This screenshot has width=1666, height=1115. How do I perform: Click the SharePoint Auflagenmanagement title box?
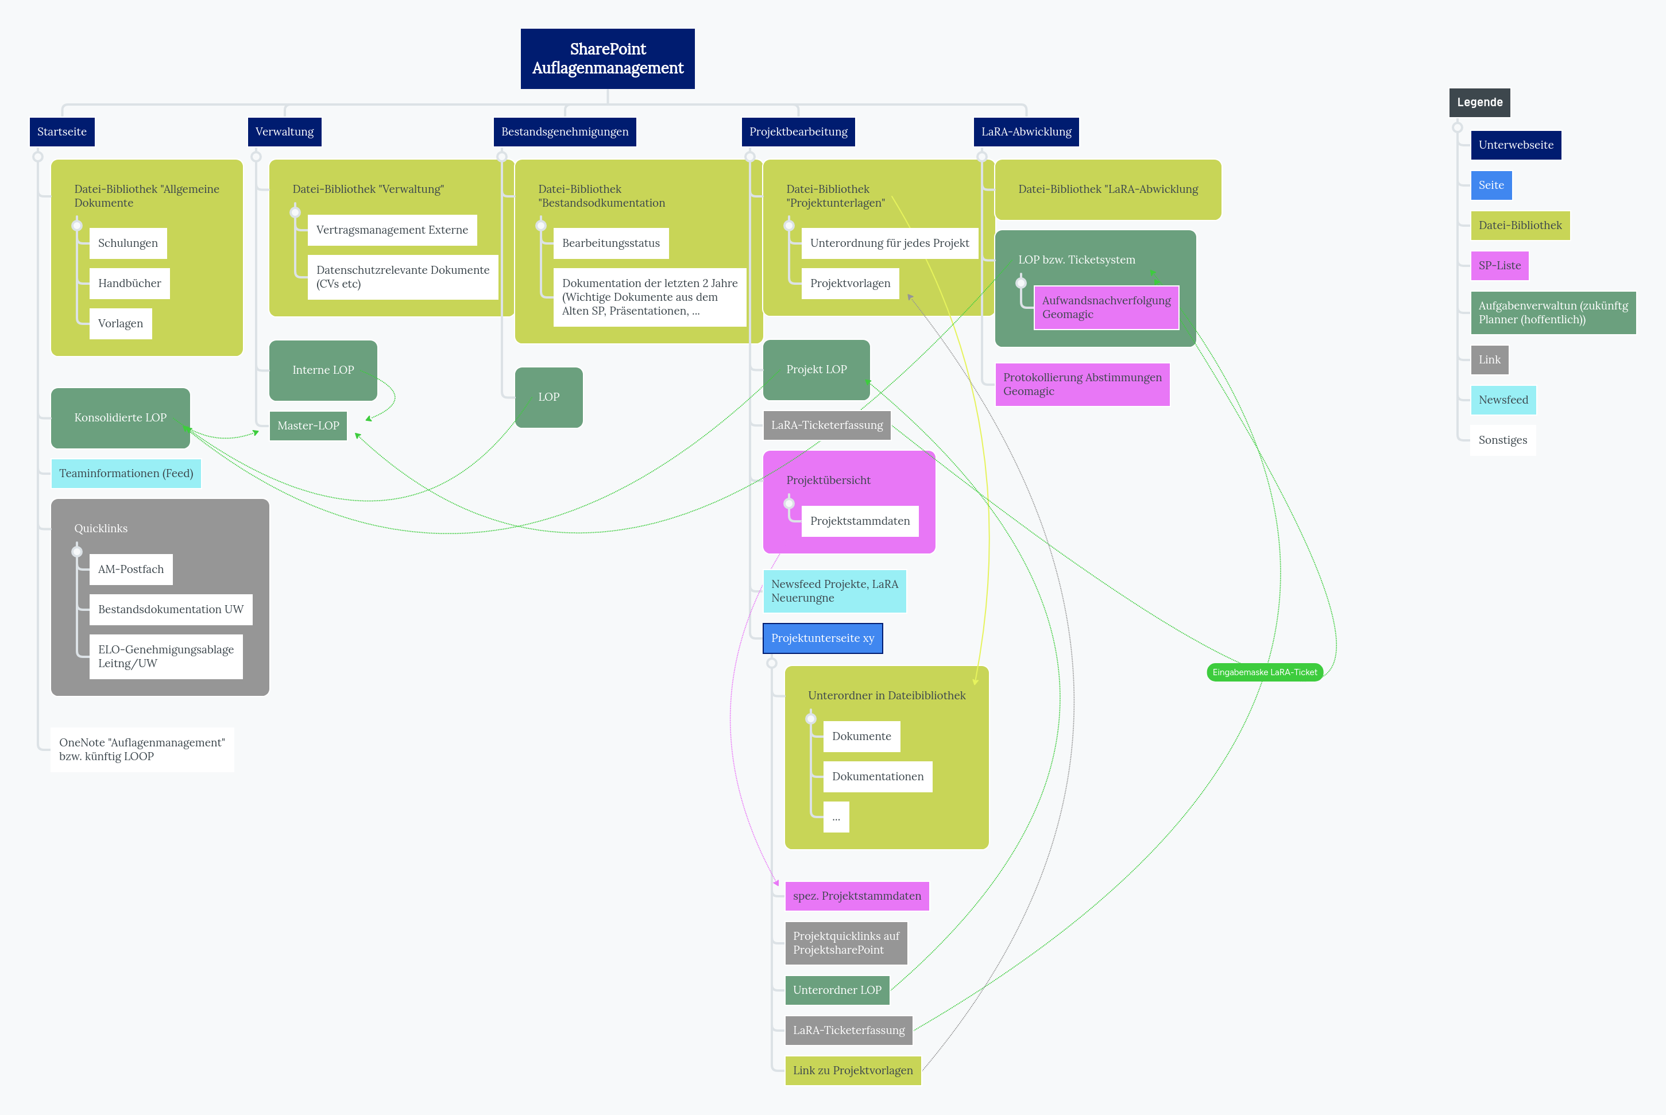(x=607, y=59)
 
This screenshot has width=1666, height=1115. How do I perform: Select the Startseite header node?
(x=62, y=131)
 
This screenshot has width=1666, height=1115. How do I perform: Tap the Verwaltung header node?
(x=284, y=131)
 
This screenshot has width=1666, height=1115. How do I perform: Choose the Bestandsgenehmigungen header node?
(x=565, y=131)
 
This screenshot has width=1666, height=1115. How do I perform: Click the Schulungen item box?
(x=128, y=243)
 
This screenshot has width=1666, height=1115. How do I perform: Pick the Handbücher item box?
(x=129, y=283)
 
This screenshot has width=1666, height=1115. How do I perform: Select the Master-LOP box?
(x=308, y=425)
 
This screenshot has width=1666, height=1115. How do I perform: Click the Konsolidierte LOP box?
(x=120, y=417)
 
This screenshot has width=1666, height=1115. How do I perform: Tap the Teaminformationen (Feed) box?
(x=126, y=474)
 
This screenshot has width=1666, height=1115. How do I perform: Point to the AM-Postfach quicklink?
(x=131, y=569)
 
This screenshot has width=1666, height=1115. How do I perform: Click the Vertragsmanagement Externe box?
(x=392, y=230)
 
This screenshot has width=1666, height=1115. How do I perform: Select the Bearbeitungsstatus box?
(x=611, y=243)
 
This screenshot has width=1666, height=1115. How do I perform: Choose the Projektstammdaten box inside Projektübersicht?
(x=860, y=521)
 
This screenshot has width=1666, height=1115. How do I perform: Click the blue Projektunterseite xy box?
(x=823, y=638)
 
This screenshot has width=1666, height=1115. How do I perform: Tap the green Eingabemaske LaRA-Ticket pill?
(x=1264, y=672)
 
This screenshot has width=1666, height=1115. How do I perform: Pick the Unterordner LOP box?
(x=837, y=990)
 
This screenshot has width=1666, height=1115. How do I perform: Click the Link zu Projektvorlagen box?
(x=853, y=1070)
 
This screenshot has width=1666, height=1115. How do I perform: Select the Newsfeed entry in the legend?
(x=1503, y=400)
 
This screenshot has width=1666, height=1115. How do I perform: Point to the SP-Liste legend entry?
(x=1499, y=265)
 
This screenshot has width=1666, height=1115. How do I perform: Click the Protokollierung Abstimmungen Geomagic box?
(x=1081, y=384)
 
